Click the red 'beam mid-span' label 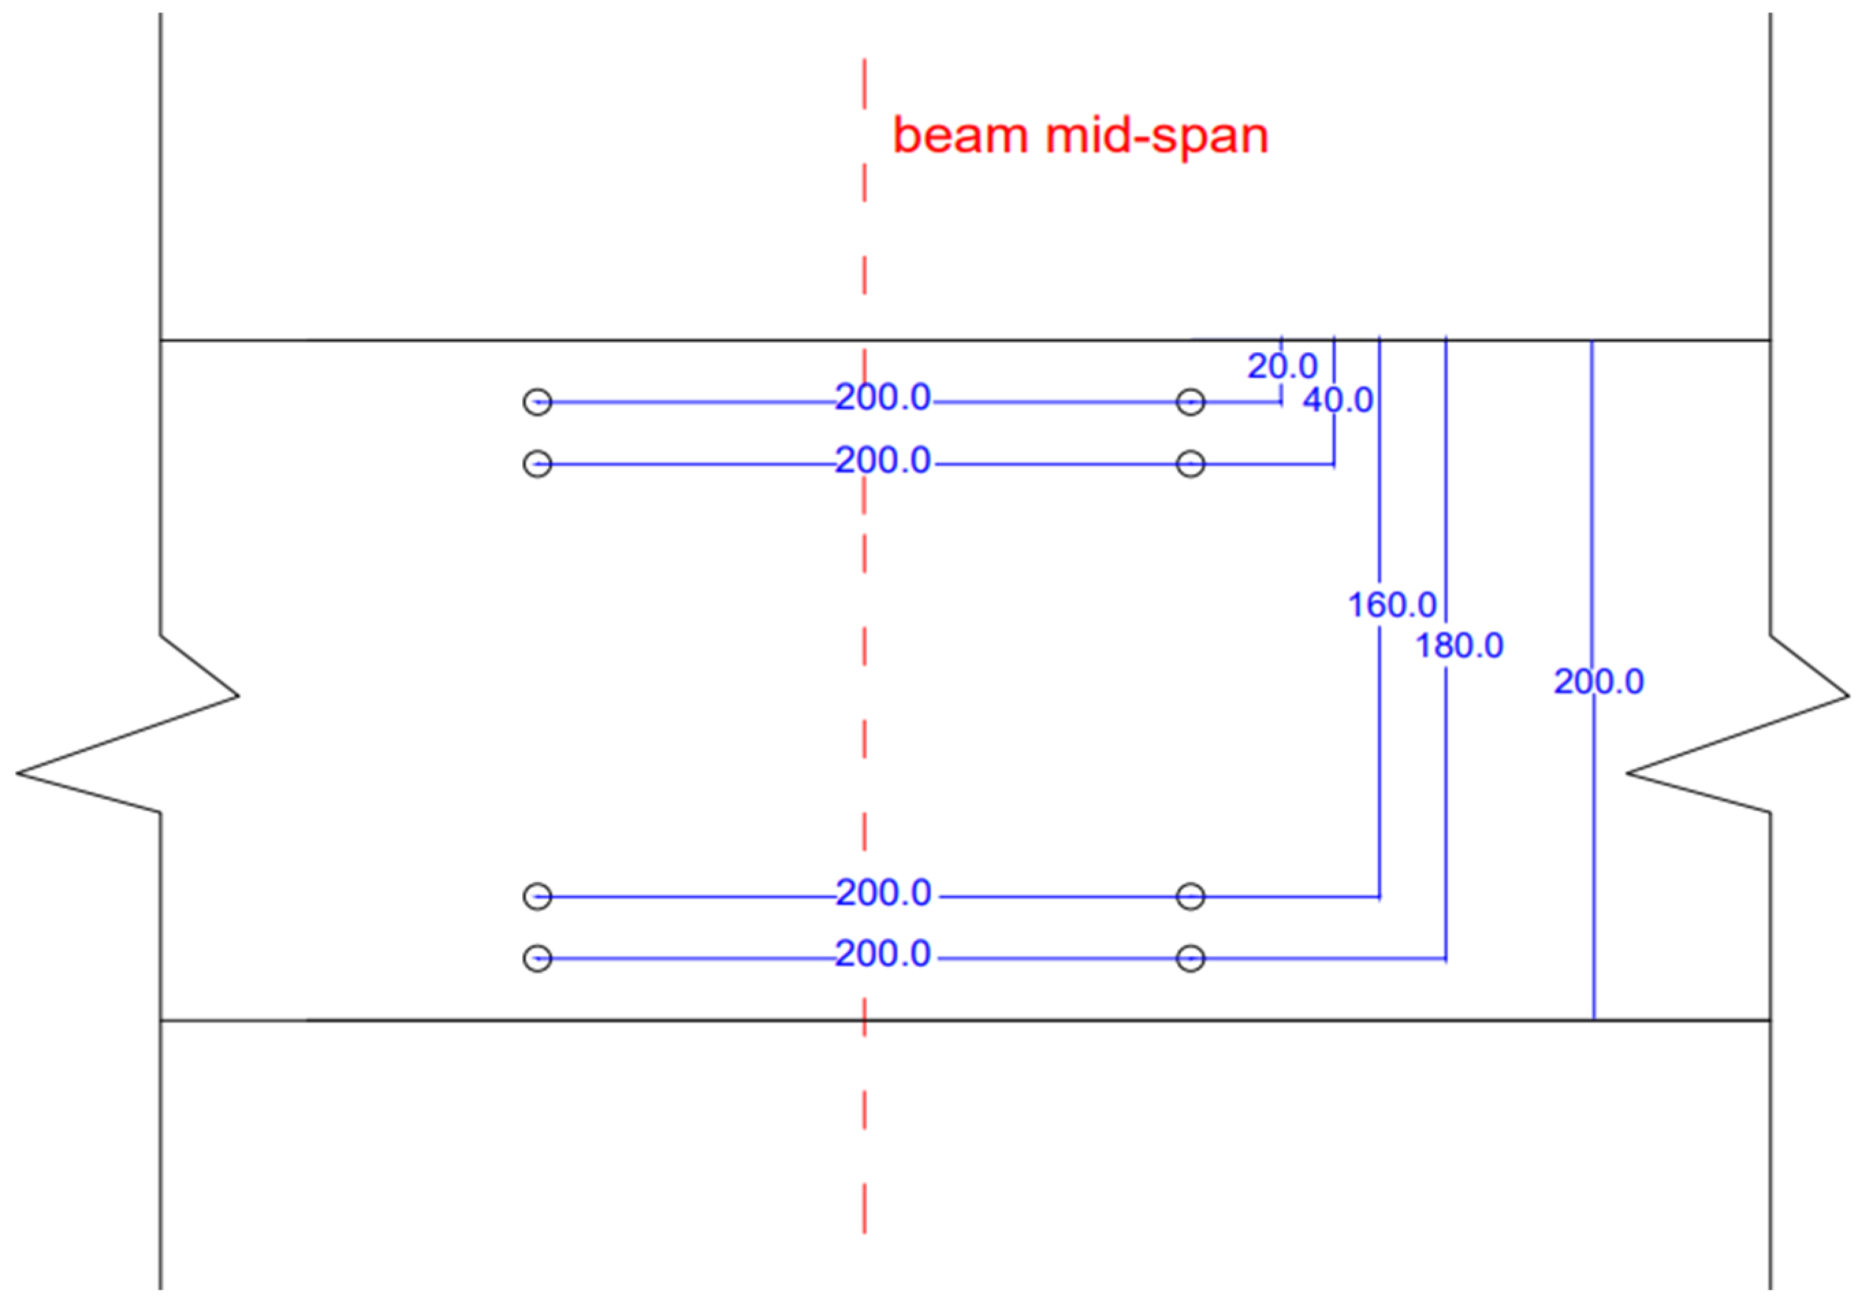pos(1080,135)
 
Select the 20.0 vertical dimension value pos(1282,367)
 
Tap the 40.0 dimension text pos(1338,400)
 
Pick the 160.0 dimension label pos(1392,604)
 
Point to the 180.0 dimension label pos(1458,645)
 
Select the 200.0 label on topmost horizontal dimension pos(883,398)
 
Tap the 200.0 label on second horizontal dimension pos(883,460)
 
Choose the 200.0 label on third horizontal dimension pos(883,893)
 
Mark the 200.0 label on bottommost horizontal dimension pos(883,954)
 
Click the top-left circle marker pos(537,402)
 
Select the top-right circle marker pos(1190,402)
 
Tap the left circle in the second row pos(537,464)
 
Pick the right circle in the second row pos(1190,464)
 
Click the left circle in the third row pos(537,897)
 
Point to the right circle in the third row pos(1190,897)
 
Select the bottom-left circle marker pos(537,959)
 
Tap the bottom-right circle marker pos(1190,959)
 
